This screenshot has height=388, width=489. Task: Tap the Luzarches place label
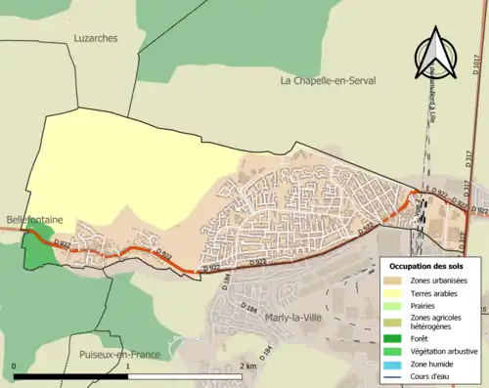95,38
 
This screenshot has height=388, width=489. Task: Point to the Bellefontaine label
33,221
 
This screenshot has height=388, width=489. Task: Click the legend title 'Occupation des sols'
429,266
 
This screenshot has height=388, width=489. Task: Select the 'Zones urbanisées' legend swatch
395,280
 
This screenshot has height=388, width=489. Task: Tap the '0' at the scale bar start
15,366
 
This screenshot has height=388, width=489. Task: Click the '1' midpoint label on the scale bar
131,366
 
